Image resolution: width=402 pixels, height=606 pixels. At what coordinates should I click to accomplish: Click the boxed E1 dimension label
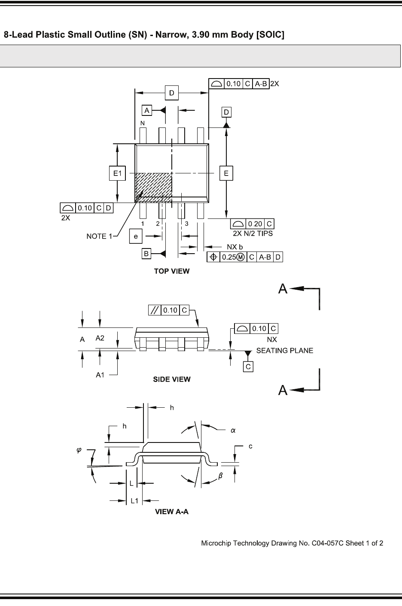pyautogui.click(x=117, y=173)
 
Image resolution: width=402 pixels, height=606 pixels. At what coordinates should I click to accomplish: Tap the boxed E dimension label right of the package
pyautogui.click(x=226, y=173)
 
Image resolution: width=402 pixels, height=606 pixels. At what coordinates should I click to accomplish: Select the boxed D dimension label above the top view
pyautogui.click(x=172, y=93)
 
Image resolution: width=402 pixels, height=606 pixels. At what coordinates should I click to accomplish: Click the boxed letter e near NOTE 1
pyautogui.click(x=136, y=236)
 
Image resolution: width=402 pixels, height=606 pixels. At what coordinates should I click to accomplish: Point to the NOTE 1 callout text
pyautogui.click(x=99, y=236)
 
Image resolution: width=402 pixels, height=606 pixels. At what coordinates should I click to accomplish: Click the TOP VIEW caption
pyautogui.click(x=172, y=271)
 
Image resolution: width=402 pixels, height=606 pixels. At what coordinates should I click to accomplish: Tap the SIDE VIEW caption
pyautogui.click(x=172, y=379)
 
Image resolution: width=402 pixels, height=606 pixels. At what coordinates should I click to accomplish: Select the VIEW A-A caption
pyautogui.click(x=172, y=512)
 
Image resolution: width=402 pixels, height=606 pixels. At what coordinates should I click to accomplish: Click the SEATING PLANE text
pyautogui.click(x=284, y=351)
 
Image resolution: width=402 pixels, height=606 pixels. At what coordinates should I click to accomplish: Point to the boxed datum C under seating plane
pyautogui.click(x=248, y=367)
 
